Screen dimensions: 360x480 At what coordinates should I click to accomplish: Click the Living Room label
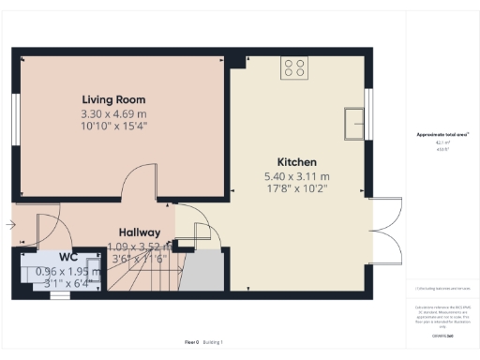tap(113, 99)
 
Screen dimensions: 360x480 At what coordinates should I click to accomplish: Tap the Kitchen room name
tap(296, 161)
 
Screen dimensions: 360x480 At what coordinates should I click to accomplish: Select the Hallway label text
tap(139, 232)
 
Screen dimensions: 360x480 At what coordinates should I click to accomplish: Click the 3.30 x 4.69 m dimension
tap(113, 113)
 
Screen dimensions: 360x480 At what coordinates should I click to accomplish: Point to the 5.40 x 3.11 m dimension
tap(296, 175)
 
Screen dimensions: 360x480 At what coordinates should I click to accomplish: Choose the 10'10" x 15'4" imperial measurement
tap(113, 126)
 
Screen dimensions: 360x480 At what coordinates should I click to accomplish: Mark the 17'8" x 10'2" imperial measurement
tap(296, 187)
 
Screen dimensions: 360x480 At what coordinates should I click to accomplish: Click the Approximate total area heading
tap(442, 135)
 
